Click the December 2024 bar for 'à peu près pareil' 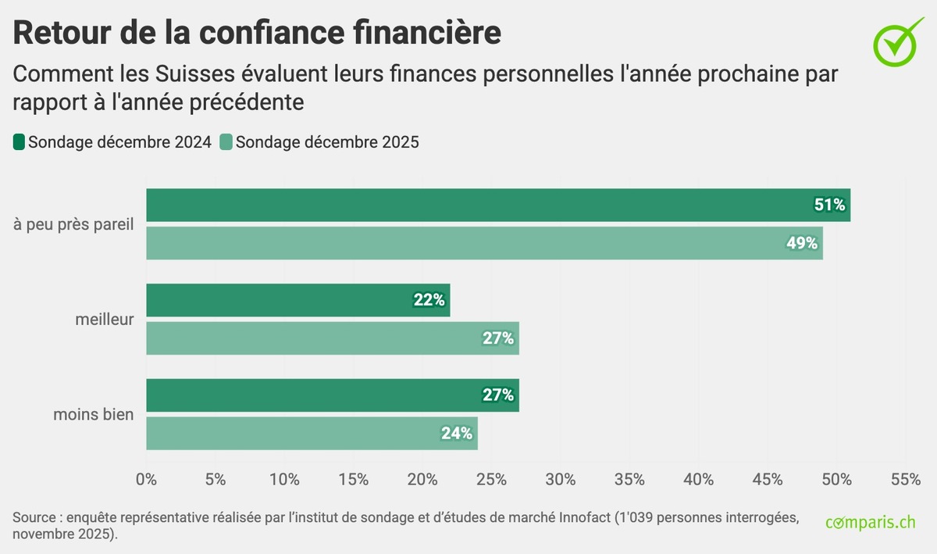[498, 205]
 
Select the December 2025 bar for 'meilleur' [333, 338]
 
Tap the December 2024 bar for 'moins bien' [333, 395]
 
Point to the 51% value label [829, 205]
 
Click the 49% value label [802, 243]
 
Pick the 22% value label [429, 300]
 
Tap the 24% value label [457, 433]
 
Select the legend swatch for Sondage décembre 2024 [20, 142]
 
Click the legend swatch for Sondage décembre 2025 [226, 142]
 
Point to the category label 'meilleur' [105, 319]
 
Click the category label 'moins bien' [94, 414]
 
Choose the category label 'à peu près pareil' [74, 224]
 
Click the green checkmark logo [895, 41]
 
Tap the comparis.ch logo [871, 522]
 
